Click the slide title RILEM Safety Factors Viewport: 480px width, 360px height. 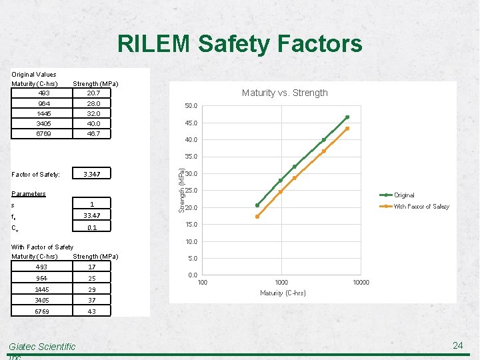pyautogui.click(x=240, y=44)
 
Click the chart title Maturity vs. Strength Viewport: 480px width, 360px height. pyautogui.click(x=285, y=93)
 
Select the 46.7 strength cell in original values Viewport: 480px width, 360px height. pyautogui.click(x=93, y=134)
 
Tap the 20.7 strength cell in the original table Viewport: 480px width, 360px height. pyautogui.click(x=93, y=93)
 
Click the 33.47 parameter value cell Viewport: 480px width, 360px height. pyautogui.click(x=92, y=215)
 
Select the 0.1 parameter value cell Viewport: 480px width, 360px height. pyautogui.click(x=92, y=227)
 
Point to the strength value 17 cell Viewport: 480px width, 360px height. pyautogui.click(x=92, y=267)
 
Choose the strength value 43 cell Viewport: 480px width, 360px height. pyautogui.click(x=92, y=311)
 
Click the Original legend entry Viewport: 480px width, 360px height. pyautogui.click(x=404, y=195)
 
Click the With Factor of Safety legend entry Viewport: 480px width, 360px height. pyautogui.click(x=421, y=207)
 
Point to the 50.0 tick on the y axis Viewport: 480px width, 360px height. pyautogui.click(x=191, y=106)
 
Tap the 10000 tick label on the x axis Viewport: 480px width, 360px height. pyautogui.click(x=361, y=283)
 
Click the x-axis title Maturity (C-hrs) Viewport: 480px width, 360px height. pyautogui.click(x=283, y=293)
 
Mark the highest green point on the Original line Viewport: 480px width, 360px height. pyautogui.click(x=347, y=117)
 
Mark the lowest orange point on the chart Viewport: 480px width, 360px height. pyautogui.click(x=257, y=217)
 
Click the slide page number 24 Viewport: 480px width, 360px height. pyautogui.click(x=457, y=345)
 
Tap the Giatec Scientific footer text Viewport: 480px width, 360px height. pyautogui.click(x=42, y=347)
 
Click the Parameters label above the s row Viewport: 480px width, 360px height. pyautogui.click(x=29, y=194)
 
